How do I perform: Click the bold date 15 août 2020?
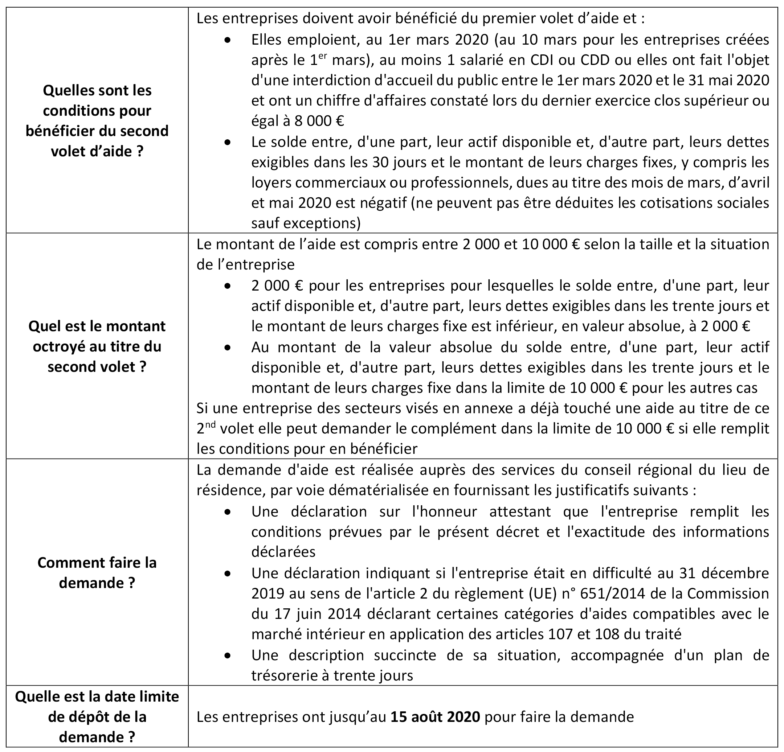click(435, 716)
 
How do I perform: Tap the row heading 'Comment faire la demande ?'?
click(97, 572)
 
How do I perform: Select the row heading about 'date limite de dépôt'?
click(97, 716)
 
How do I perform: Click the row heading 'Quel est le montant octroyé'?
click(97, 346)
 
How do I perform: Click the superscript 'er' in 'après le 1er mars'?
click(323, 56)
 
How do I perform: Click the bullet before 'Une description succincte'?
click(228, 656)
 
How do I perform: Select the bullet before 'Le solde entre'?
click(228, 142)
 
